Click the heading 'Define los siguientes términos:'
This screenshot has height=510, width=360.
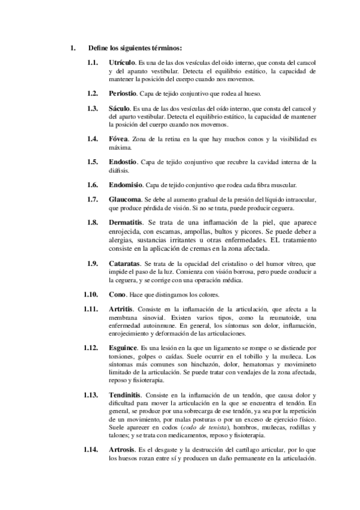pos(135,48)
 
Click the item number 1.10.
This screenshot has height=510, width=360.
pos(91,294)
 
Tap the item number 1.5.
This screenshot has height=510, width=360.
pos(93,162)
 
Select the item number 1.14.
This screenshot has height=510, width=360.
pos(91,449)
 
